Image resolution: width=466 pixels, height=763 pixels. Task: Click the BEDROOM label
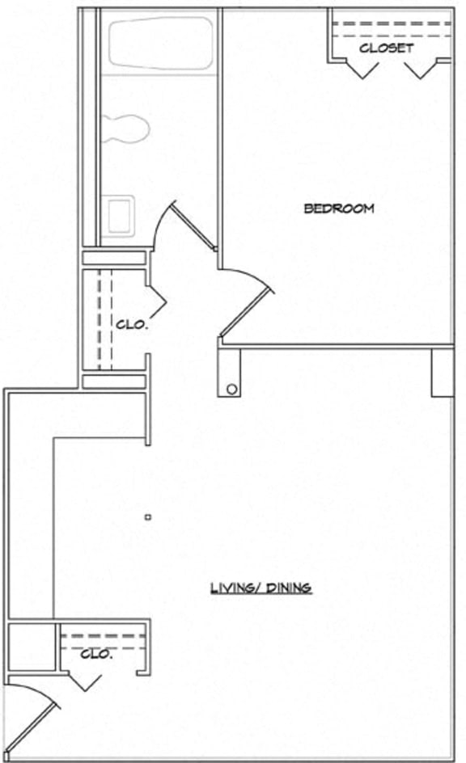pyautogui.click(x=339, y=209)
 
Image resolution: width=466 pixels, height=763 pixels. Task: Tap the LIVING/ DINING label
pyautogui.click(x=261, y=588)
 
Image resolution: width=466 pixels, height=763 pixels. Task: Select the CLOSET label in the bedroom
pyautogui.click(x=386, y=48)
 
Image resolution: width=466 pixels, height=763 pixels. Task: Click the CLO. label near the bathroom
pyautogui.click(x=132, y=325)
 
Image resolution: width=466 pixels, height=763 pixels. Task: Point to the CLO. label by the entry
pyautogui.click(x=97, y=654)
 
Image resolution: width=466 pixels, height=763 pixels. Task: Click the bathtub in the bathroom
pyautogui.click(x=160, y=45)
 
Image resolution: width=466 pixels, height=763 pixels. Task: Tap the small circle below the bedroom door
pyautogui.click(x=232, y=389)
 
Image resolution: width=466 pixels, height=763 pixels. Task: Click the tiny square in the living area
pyautogui.click(x=147, y=516)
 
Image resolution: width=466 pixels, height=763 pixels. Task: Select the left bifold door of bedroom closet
pyautogui.click(x=359, y=70)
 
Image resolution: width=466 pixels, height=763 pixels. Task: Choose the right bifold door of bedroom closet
pyautogui.click(x=421, y=70)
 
